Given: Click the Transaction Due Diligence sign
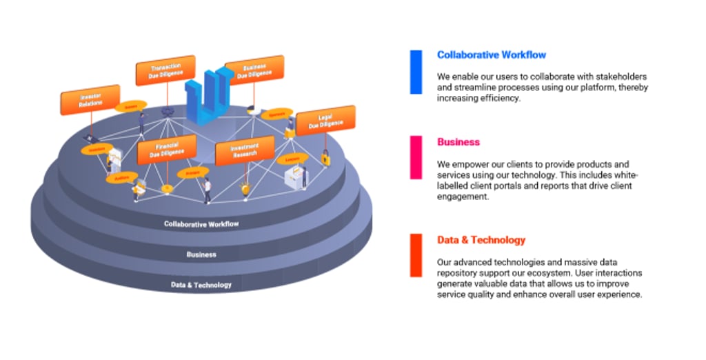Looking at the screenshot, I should pyautogui.click(x=165, y=70).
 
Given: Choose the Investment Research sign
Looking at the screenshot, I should pyautogui.click(x=245, y=150).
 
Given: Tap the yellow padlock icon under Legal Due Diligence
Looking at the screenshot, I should pyautogui.click(x=325, y=159).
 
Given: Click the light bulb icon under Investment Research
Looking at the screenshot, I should pyautogui.click(x=245, y=187).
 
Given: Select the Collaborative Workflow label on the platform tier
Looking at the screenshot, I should pyautogui.click(x=202, y=223).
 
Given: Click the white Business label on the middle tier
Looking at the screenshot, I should pyautogui.click(x=201, y=254).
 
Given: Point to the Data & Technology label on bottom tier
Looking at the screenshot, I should pyautogui.click(x=201, y=285).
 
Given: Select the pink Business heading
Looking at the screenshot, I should pyautogui.click(x=458, y=142).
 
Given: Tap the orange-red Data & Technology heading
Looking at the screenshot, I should pyautogui.click(x=481, y=240).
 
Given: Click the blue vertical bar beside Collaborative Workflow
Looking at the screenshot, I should pyautogui.click(x=416, y=72).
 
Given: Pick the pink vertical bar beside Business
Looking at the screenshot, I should pyautogui.click(x=416, y=159).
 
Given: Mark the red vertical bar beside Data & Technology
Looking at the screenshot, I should pyautogui.click(x=416, y=255).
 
